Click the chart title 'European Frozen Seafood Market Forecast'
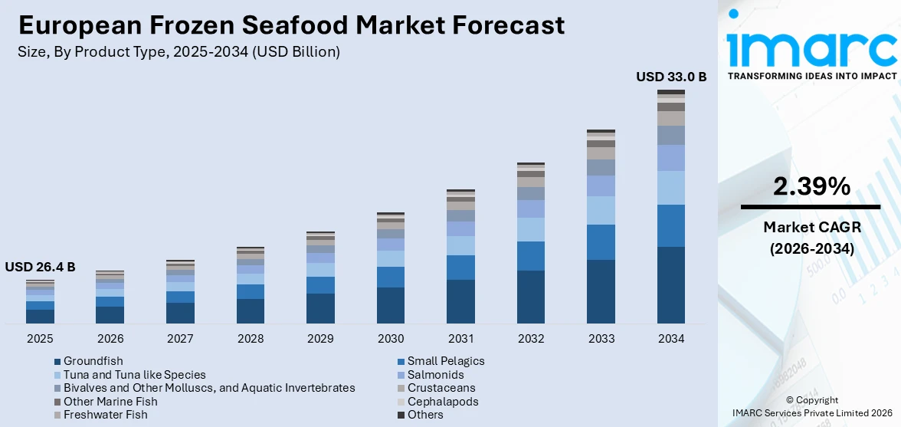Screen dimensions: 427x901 (x=291, y=25)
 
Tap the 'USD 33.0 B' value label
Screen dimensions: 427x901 (x=671, y=77)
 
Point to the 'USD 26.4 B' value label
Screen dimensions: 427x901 (x=40, y=267)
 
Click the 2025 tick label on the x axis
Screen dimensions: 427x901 (x=40, y=338)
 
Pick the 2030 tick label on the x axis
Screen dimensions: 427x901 (x=391, y=338)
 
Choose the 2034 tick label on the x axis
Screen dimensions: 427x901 (x=671, y=338)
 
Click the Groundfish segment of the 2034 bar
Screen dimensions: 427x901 (x=671, y=284)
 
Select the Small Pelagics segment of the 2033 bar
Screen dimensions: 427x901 (x=601, y=242)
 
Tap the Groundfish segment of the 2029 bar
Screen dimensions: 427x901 (x=320, y=307)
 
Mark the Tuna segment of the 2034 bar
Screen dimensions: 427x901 (x=671, y=188)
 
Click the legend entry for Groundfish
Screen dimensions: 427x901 (x=93, y=361)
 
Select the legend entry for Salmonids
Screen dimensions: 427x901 (x=435, y=375)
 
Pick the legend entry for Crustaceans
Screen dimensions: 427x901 (x=441, y=388)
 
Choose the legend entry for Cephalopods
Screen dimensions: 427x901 (x=442, y=402)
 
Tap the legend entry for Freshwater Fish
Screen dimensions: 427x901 (x=105, y=415)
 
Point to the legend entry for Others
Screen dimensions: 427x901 (x=424, y=415)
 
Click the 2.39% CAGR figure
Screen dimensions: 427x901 (x=810, y=186)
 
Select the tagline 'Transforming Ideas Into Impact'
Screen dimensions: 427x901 (x=811, y=76)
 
